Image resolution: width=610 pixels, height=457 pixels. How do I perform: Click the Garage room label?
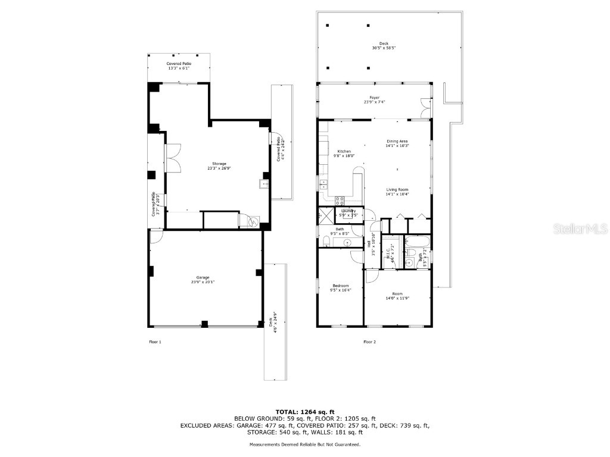point(203,277)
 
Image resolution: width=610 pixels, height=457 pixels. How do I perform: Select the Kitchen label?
point(344,151)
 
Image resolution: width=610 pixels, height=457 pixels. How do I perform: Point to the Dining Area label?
point(397,141)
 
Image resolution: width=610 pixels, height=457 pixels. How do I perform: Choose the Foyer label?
point(374,98)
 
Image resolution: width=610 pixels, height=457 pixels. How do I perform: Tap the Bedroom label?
point(340,286)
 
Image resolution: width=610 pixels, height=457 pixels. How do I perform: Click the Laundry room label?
point(348,211)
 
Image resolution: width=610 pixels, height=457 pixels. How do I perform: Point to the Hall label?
point(369,244)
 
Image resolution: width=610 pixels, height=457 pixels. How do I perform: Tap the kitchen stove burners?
point(340,201)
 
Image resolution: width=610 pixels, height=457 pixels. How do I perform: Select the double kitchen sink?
point(323,184)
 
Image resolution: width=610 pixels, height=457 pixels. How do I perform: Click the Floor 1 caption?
point(155,342)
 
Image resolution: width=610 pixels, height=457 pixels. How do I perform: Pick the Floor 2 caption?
point(369,342)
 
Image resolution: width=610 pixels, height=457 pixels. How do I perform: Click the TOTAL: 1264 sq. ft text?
point(304,412)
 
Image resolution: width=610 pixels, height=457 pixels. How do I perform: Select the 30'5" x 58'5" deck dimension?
point(384,48)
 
